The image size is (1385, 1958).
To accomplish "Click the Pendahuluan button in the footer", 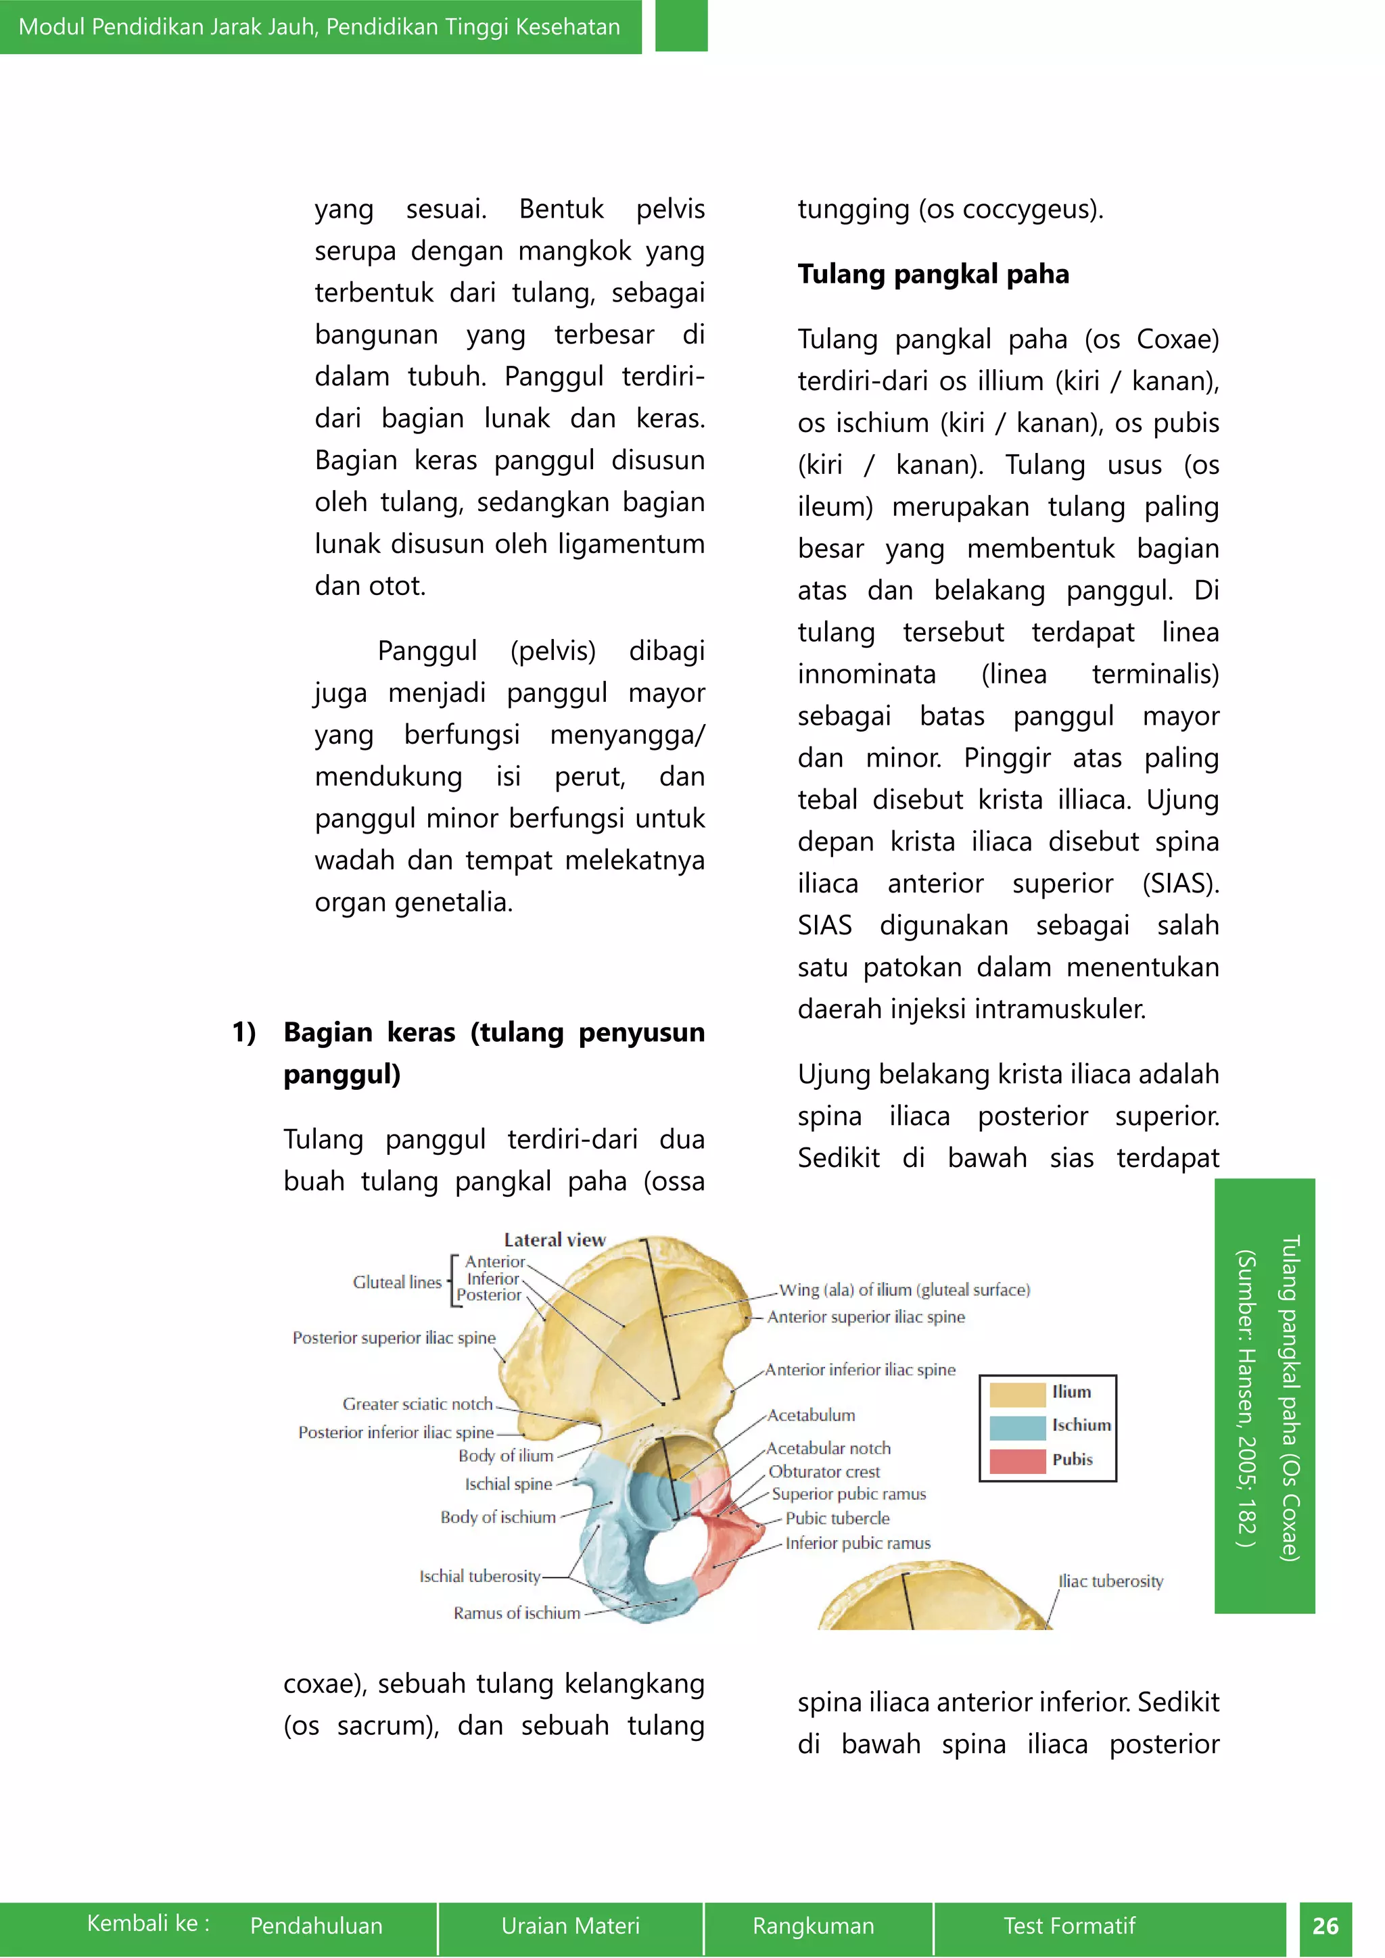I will pyautogui.click(x=316, y=1926).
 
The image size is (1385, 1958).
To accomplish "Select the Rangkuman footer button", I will pyautogui.click(x=813, y=1926).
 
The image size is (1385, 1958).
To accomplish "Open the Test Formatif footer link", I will pyautogui.click(x=1069, y=1926).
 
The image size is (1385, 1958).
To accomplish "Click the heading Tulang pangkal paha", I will pyautogui.click(x=933, y=274).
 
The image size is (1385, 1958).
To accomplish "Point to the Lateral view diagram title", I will pyautogui.click(x=555, y=1239).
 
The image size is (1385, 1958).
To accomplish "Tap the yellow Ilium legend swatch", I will pyautogui.click(x=1017, y=1394).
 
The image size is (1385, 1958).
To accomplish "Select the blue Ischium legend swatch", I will pyautogui.click(x=1017, y=1427).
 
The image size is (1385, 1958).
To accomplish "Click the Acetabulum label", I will pyautogui.click(x=810, y=1415).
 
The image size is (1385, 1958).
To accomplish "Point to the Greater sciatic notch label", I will pyautogui.click(x=417, y=1404).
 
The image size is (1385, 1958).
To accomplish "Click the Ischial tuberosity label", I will pyautogui.click(x=479, y=1576).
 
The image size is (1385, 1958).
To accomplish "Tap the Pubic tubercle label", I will pyautogui.click(x=837, y=1518).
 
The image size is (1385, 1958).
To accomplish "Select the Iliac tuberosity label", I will pyautogui.click(x=1110, y=1581).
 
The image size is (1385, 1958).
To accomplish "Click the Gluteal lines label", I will pyautogui.click(x=396, y=1282).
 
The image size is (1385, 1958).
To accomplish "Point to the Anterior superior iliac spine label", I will pyautogui.click(x=866, y=1316).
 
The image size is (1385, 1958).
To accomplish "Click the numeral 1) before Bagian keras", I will pyautogui.click(x=244, y=1032).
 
